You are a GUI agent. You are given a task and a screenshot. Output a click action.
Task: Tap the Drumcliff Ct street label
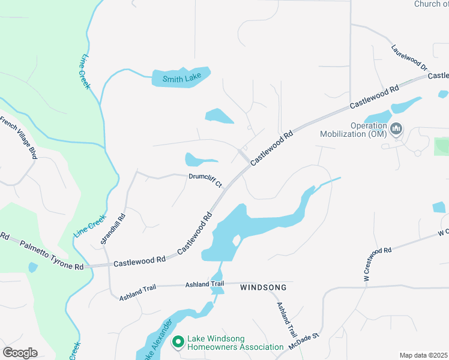point(206,179)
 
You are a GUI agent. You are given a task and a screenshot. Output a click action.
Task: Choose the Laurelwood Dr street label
point(409,58)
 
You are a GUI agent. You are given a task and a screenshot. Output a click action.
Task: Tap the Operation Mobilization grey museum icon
point(396,129)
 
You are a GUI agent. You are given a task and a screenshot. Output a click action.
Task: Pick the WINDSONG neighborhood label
point(263,288)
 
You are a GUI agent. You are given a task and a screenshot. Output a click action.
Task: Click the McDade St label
point(306,342)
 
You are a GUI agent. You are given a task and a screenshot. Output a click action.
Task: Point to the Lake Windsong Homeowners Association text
point(235,343)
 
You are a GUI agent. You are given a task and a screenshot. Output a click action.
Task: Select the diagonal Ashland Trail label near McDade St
point(287,319)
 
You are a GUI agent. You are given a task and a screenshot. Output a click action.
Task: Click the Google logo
point(20,353)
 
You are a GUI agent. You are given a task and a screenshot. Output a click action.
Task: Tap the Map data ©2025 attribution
point(423,355)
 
